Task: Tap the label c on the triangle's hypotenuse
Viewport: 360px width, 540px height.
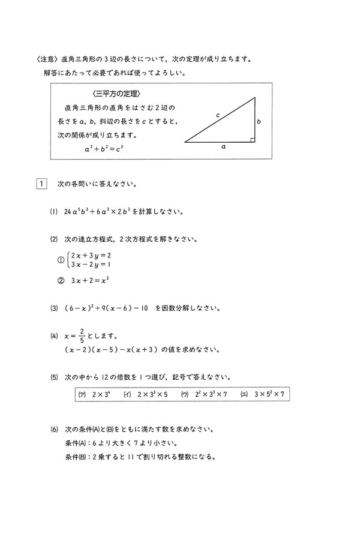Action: point(218,114)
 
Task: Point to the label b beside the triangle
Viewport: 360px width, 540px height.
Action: point(259,121)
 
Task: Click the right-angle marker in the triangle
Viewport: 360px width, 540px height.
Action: point(253,140)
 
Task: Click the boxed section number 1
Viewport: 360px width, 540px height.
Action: point(41,184)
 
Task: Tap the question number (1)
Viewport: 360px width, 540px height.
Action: point(54,211)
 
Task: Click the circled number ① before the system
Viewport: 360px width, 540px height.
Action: point(60,260)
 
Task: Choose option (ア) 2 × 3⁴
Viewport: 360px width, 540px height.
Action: point(92,394)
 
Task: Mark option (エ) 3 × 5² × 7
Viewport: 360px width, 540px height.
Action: point(262,394)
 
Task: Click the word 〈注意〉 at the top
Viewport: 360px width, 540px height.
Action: point(47,60)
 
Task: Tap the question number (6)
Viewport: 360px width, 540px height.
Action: point(54,430)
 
